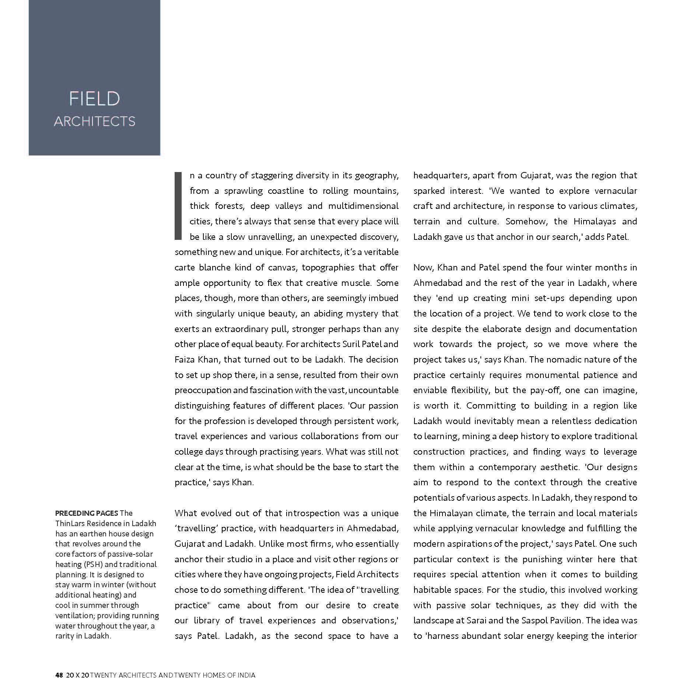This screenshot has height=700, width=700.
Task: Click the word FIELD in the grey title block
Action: pyautogui.click(x=94, y=99)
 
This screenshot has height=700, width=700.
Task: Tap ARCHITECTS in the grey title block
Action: pyautogui.click(x=95, y=121)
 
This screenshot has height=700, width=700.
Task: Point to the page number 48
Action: pyautogui.click(x=59, y=675)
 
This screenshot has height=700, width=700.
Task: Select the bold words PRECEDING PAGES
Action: pyautogui.click(x=87, y=513)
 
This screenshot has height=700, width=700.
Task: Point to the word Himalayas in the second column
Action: pyautogui.click(x=595, y=221)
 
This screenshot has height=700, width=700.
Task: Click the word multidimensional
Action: pyautogui.click(x=363, y=206)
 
